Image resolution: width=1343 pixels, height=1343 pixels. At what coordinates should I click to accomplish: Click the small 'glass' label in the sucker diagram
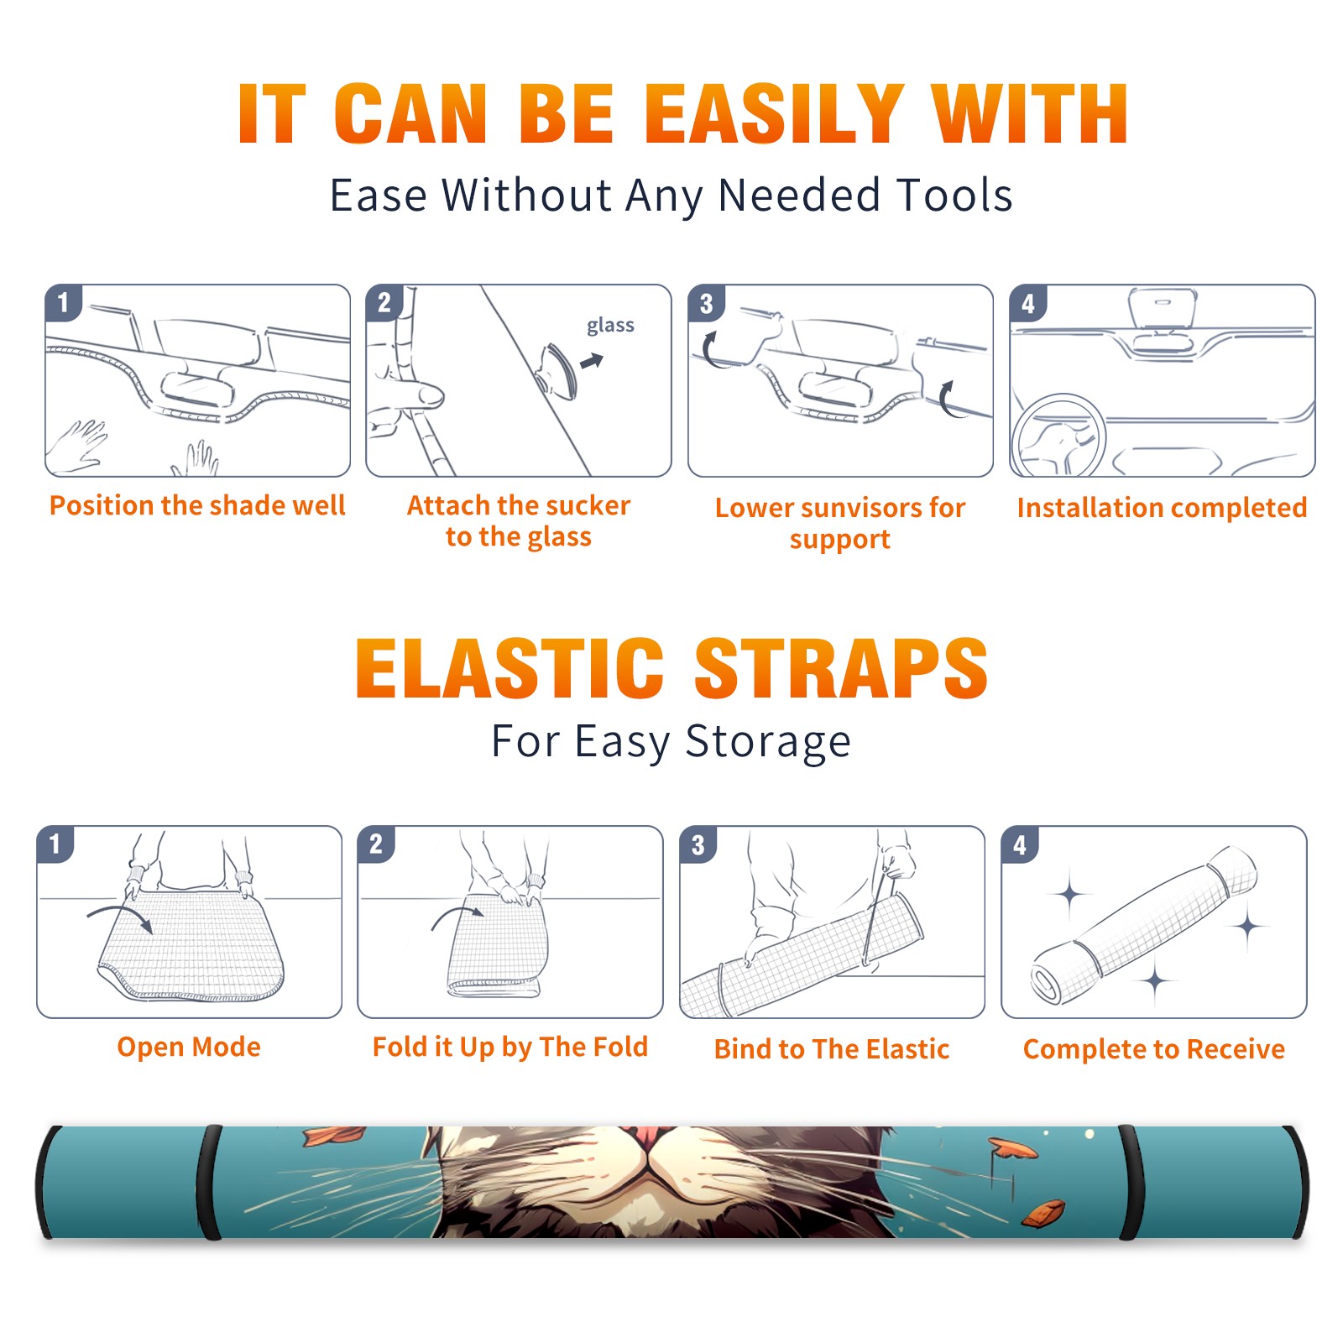tap(610, 326)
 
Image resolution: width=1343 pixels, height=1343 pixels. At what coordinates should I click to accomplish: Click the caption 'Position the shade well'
tap(197, 505)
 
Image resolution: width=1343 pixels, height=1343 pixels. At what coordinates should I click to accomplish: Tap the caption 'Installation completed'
tap(1162, 508)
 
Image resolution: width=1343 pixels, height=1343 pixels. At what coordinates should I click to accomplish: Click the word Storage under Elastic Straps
tap(768, 742)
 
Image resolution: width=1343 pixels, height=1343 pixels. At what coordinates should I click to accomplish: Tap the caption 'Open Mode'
tap(189, 1047)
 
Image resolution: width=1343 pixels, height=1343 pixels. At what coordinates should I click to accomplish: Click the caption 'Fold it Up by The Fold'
tap(510, 1048)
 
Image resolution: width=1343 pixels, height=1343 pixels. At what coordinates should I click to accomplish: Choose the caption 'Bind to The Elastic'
tap(832, 1049)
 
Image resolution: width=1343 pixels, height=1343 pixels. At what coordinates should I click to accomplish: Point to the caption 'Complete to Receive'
tap(1154, 1049)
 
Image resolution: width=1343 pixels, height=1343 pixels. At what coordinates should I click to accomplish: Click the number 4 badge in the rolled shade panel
tap(1020, 844)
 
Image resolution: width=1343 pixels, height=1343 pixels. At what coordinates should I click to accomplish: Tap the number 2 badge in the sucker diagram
tap(384, 303)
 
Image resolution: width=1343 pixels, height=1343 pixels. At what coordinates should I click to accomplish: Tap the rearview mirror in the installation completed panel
tap(1163, 307)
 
